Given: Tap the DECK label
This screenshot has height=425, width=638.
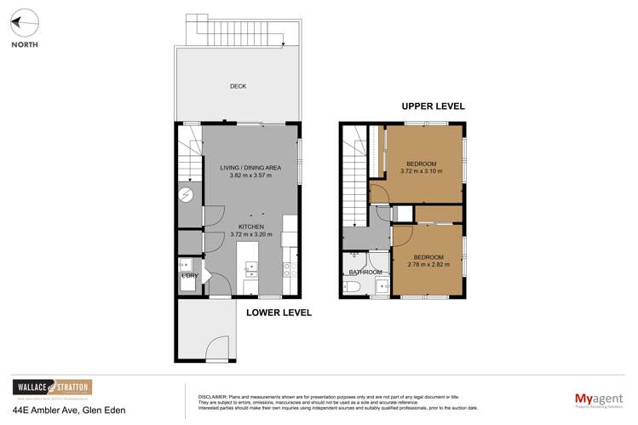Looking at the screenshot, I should pyautogui.click(x=239, y=86).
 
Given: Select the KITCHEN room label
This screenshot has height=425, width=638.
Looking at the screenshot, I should pyautogui.click(x=251, y=227).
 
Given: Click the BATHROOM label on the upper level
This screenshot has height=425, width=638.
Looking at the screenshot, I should pyautogui.click(x=365, y=273).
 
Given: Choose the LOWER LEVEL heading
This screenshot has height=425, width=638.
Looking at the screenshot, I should pyautogui.click(x=279, y=313).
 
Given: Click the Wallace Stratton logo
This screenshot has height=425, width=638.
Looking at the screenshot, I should pyautogui.click(x=51, y=388).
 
